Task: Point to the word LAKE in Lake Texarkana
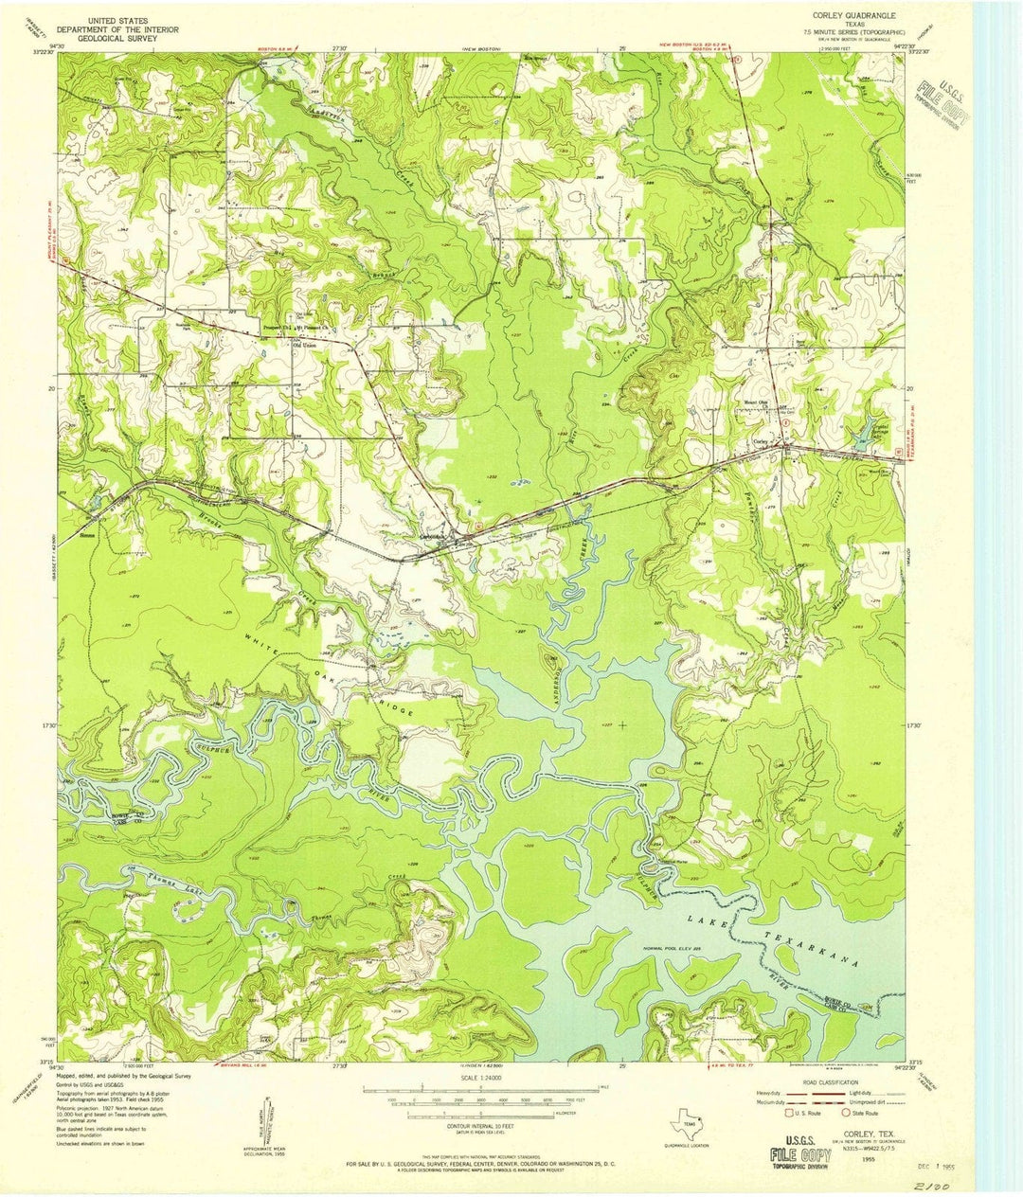pos(706,920)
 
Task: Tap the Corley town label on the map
pos(761,441)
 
